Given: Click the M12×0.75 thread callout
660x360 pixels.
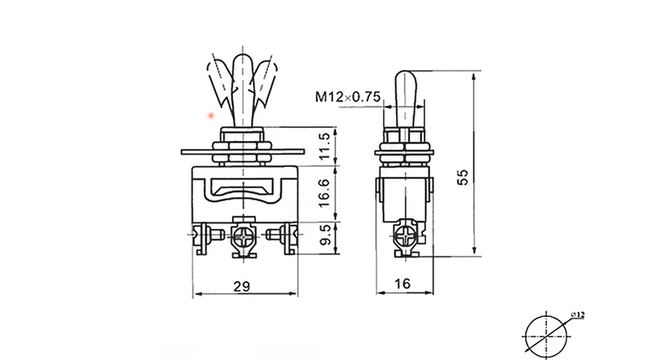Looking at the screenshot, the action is click(348, 97).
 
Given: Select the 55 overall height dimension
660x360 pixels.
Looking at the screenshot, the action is click(463, 177).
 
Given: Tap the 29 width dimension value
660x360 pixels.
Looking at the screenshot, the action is click(242, 287).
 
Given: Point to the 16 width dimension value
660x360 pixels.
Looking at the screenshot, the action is click(403, 284).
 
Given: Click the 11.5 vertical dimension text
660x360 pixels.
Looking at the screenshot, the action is click(324, 147).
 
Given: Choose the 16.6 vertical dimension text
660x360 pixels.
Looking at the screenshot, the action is click(324, 192).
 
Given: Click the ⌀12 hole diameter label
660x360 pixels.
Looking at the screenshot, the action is click(578, 314).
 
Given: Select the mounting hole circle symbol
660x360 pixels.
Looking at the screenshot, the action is click(546, 337).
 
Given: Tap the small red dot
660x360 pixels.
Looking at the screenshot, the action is click(211, 116).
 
